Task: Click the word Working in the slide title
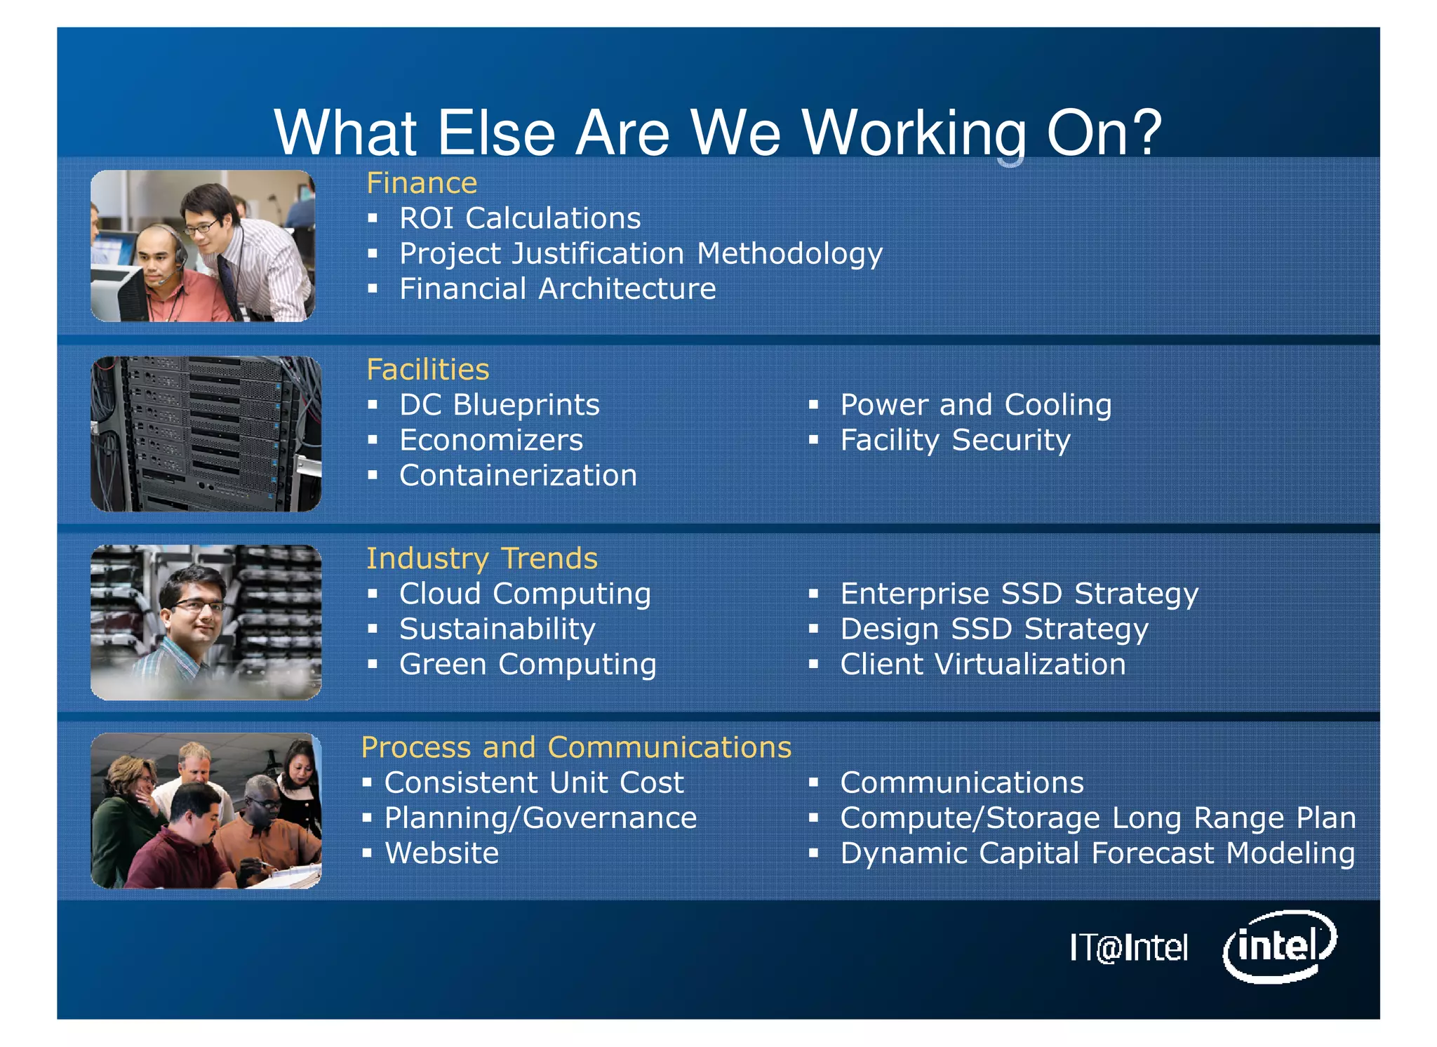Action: pyautogui.click(x=914, y=133)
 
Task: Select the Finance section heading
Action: pyautogui.click(x=422, y=183)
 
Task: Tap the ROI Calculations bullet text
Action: pyautogui.click(x=519, y=218)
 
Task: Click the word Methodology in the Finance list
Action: pyautogui.click(x=789, y=254)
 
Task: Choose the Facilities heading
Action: pyautogui.click(x=427, y=370)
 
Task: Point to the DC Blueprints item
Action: pyautogui.click(x=499, y=405)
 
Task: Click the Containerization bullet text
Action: pyautogui.click(x=518, y=476)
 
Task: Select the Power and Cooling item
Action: pyautogui.click(x=975, y=405)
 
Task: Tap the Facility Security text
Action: pyautogui.click(x=955, y=441)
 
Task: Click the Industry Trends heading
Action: pyautogui.click(x=481, y=559)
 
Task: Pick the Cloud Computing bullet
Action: pyautogui.click(x=524, y=594)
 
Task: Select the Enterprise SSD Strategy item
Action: pyautogui.click(x=1019, y=594)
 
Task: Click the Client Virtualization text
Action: pyautogui.click(x=982, y=665)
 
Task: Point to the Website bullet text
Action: pyautogui.click(x=441, y=853)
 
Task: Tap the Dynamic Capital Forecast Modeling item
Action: pyautogui.click(x=1097, y=853)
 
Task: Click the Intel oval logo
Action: pyautogui.click(x=1279, y=946)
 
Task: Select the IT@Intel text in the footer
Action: pyautogui.click(x=1128, y=947)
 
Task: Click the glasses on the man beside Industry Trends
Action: pyautogui.click(x=199, y=606)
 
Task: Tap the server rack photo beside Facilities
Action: pyautogui.click(x=206, y=434)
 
